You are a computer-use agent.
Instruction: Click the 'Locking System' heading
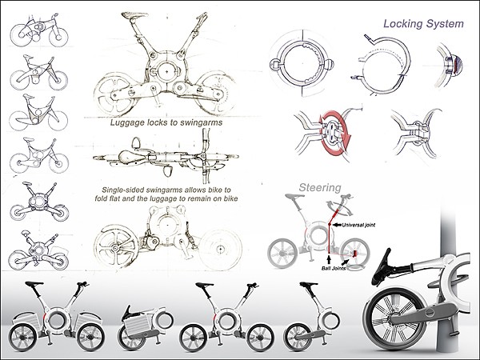click(x=422, y=24)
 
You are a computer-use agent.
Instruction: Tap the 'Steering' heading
click(x=320, y=188)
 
